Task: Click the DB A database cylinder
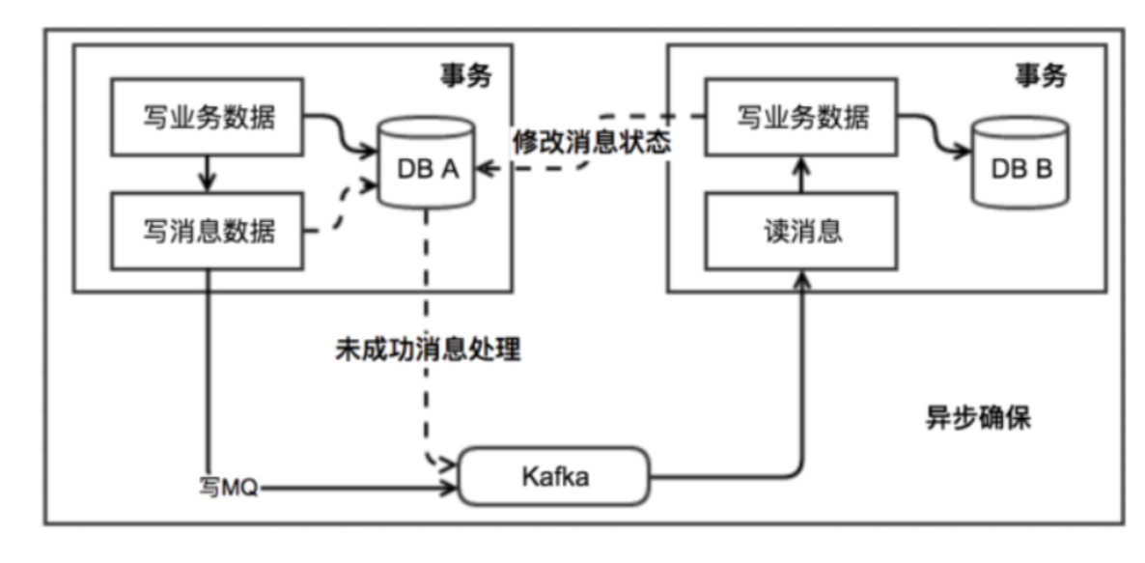[426, 165]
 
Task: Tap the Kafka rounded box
[553, 476]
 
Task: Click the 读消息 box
[801, 231]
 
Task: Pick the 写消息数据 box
[209, 231]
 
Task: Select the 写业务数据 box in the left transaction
[209, 119]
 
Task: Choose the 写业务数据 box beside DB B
[801, 119]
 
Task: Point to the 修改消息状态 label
[590, 142]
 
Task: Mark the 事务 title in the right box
[1040, 76]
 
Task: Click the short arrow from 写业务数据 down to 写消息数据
[208, 175]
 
